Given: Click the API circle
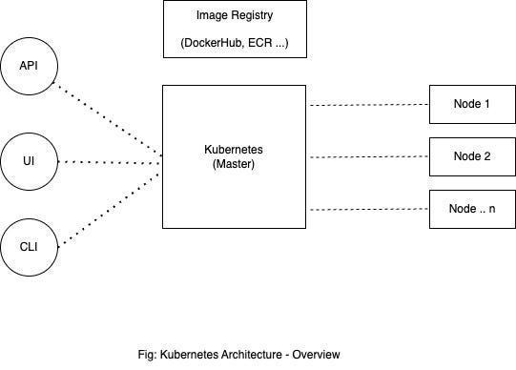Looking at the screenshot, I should click(x=29, y=67).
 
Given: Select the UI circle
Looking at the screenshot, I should click(x=29, y=163).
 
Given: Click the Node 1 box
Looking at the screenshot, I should click(x=471, y=104).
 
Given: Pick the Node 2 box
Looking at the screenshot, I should click(x=471, y=156).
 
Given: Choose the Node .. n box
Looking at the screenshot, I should click(x=471, y=208).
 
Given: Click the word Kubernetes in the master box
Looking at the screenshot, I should click(x=235, y=151).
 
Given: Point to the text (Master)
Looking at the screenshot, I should click(x=235, y=164).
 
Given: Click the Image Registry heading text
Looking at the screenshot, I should click(x=235, y=16).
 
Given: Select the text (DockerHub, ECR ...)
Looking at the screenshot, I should click(x=235, y=44).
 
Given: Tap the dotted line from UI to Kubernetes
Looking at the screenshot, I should click(x=110, y=163).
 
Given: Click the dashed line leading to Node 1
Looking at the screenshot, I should click(x=368, y=104).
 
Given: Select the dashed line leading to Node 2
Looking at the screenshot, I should click(x=368, y=156).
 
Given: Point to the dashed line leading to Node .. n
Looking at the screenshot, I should click(x=368, y=208).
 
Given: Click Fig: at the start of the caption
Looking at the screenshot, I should click(x=148, y=354).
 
